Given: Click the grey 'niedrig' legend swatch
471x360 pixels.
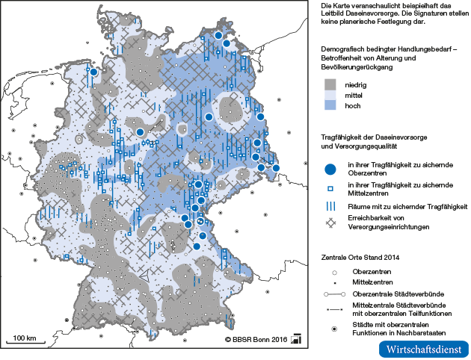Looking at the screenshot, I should (x=329, y=85).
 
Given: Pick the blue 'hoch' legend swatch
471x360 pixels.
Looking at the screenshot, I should (x=329, y=107).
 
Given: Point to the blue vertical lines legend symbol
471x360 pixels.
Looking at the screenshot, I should (x=330, y=206).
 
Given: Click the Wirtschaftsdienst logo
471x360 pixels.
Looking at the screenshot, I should (x=424, y=349).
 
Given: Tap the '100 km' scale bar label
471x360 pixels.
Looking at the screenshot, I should (x=25, y=338).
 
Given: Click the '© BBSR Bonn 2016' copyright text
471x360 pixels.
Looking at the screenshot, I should (x=255, y=340).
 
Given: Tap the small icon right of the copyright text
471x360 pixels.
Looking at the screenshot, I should (x=296, y=339).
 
